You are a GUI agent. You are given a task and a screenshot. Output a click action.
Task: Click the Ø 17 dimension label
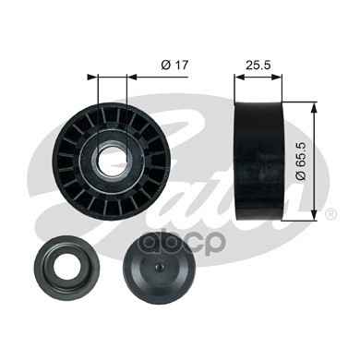click(174, 66)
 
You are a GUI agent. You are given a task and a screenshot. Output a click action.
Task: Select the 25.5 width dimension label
click(258, 65)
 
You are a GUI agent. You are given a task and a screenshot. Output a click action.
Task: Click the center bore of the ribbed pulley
click(112, 160)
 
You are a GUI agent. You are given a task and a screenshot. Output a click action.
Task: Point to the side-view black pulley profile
click(258, 161)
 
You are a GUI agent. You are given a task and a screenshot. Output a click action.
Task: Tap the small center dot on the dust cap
click(158, 267)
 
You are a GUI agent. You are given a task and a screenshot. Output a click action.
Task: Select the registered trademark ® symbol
click(330, 214)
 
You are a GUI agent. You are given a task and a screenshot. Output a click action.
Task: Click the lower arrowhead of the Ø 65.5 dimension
click(314, 216)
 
